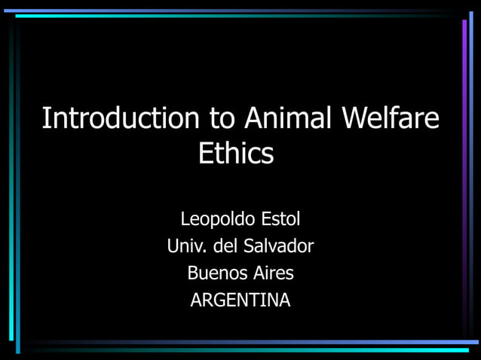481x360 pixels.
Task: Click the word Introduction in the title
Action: pyautogui.click(x=121, y=119)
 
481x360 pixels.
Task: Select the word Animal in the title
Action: pyautogui.click(x=288, y=119)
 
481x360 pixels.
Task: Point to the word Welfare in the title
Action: pyautogui.click(x=391, y=119)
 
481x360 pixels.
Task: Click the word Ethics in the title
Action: pyautogui.click(x=235, y=154)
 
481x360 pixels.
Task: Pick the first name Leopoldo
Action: pyautogui.click(x=217, y=220)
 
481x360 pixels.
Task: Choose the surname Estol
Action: pyautogui.click(x=280, y=220)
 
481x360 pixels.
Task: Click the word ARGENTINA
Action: pyautogui.click(x=240, y=300)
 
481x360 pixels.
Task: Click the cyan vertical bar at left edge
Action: pyautogui.click(x=17, y=226)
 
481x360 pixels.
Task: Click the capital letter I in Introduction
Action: pyautogui.click(x=44, y=119)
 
